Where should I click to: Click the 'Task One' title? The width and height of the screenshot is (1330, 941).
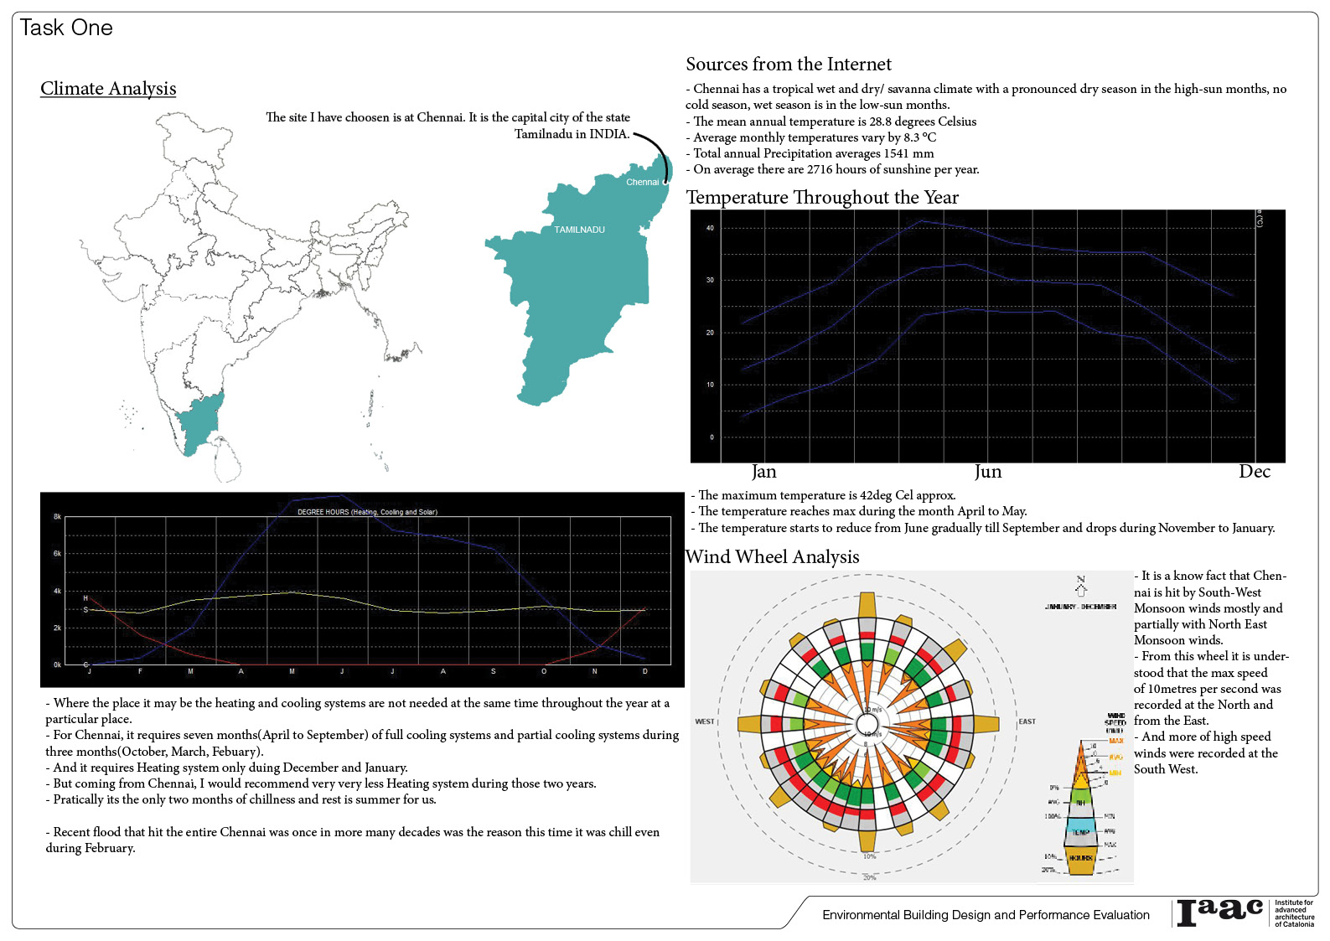(66, 28)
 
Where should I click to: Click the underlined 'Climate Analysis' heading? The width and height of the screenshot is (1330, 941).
(108, 89)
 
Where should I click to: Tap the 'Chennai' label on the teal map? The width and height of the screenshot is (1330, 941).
(642, 182)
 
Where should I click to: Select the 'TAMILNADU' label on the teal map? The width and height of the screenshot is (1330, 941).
(579, 230)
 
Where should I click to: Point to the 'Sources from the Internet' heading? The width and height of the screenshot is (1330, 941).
(788, 65)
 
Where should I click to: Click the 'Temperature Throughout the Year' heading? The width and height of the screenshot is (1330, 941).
(822, 198)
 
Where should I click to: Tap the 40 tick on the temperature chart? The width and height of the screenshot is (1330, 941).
(711, 228)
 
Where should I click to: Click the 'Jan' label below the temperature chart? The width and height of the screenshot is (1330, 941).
(763, 472)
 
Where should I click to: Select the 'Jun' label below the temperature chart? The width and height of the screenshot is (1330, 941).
(988, 472)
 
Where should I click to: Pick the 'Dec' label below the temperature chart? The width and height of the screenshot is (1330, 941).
(1254, 472)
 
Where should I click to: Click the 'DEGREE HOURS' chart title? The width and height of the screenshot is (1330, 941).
(367, 512)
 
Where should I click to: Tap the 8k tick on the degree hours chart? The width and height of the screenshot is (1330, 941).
(57, 517)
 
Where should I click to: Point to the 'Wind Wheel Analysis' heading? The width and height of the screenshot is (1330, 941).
(772, 557)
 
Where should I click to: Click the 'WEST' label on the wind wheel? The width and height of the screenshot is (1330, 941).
(705, 721)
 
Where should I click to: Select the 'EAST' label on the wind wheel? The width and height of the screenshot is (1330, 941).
(1027, 721)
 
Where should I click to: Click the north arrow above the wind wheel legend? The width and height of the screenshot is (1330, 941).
(1080, 586)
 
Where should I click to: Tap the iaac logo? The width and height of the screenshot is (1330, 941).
(1219, 912)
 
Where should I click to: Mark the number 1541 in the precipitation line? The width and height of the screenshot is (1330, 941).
(896, 153)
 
